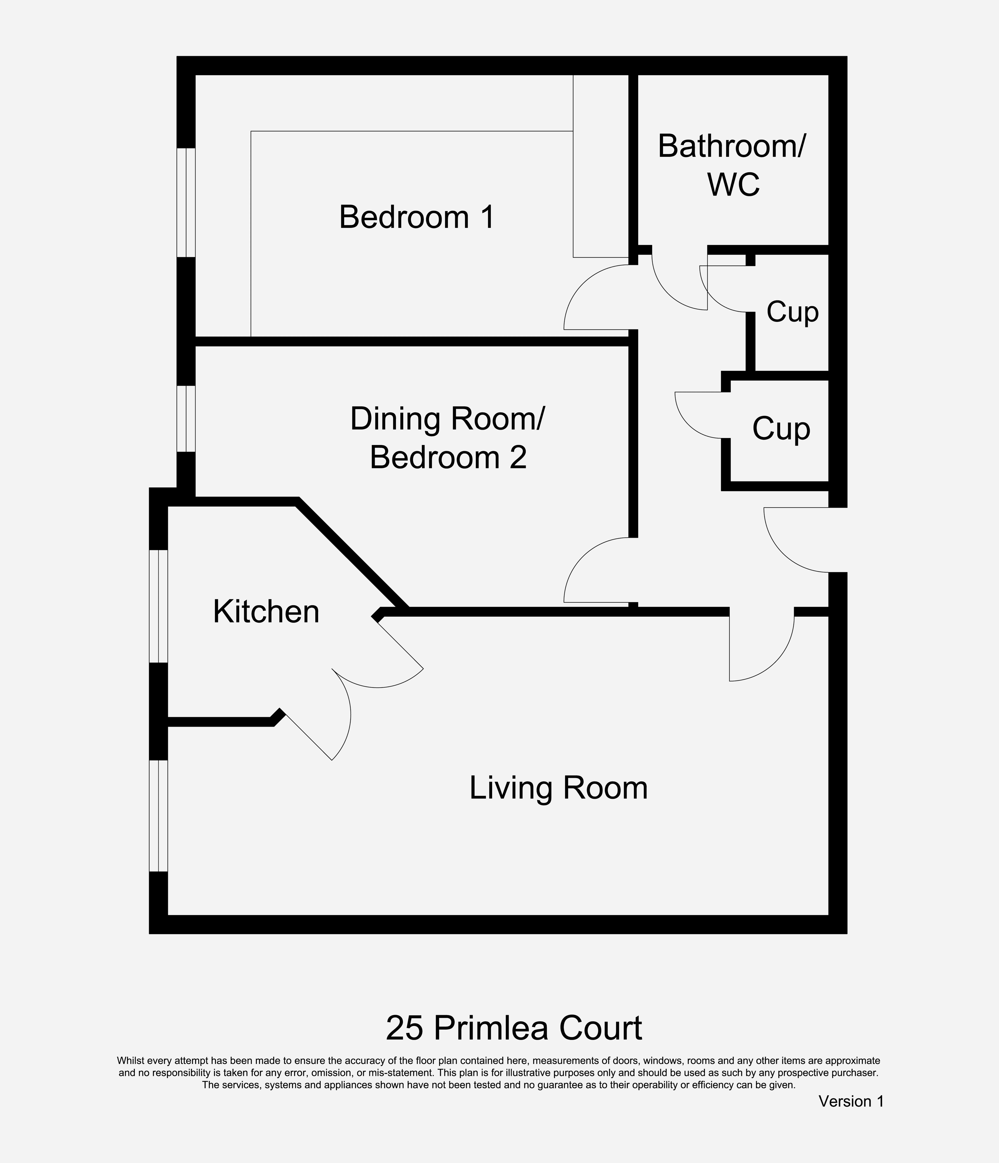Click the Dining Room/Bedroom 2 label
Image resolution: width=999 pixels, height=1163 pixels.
(448, 438)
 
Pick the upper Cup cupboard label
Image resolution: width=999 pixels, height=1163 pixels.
(792, 312)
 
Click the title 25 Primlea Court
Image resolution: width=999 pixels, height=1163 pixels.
(514, 1028)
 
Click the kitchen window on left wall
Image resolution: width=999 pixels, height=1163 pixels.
(158, 606)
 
